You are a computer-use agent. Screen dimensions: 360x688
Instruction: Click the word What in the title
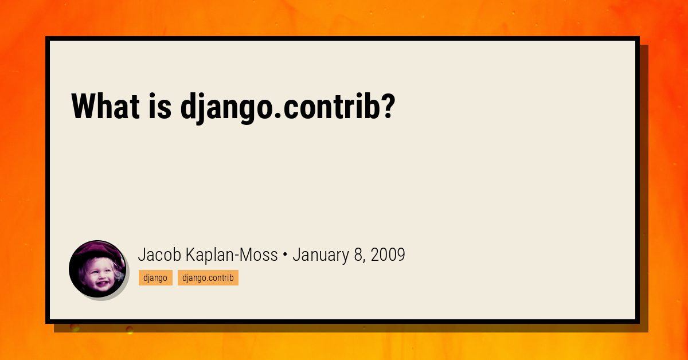105,107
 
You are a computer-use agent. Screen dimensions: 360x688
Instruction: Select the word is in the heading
161,107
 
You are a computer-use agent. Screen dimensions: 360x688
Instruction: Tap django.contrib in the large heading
281,107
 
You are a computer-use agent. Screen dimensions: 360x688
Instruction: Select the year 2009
388,255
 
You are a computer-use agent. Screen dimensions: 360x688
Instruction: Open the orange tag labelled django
155,278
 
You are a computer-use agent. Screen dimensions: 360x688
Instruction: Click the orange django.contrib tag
208,278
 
